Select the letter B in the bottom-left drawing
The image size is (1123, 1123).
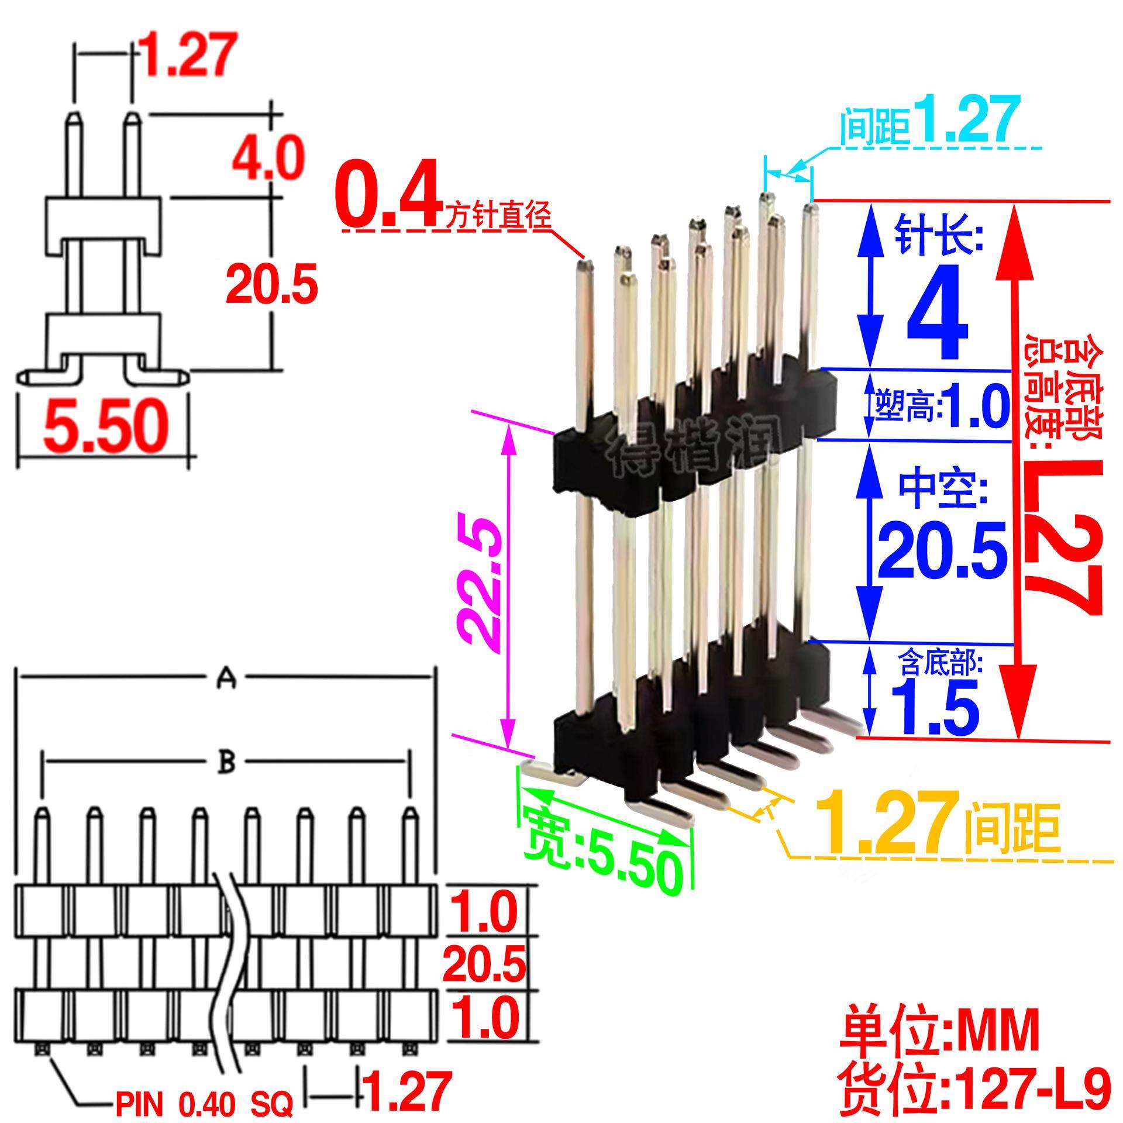coord(227,763)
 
